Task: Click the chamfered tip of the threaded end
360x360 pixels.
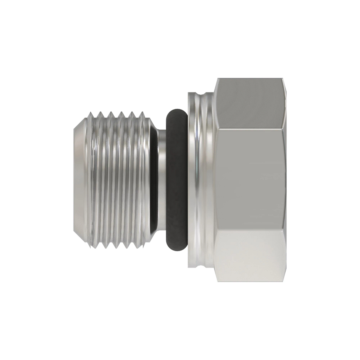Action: (79, 180)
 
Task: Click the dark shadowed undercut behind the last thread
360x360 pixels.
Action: (153, 180)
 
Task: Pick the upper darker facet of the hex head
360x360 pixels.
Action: (250, 103)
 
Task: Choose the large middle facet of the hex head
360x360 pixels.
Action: (250, 180)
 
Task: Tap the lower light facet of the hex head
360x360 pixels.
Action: (250, 256)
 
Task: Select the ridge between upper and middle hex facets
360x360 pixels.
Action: (250, 129)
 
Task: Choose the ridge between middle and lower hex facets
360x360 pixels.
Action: (250, 231)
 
